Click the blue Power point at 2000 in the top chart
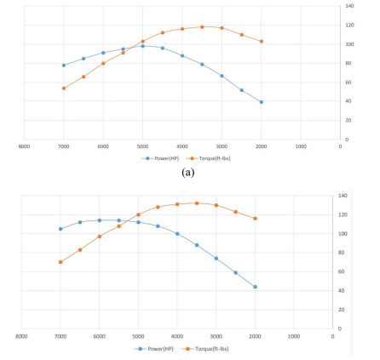[262, 102]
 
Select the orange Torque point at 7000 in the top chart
[64, 88]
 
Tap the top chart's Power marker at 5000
[143, 46]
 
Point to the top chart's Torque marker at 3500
[202, 26]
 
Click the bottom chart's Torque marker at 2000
[255, 218]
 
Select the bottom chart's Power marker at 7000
[60, 228]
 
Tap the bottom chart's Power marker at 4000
[177, 233]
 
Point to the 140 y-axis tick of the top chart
[349, 6]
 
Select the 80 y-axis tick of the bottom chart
[346, 252]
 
